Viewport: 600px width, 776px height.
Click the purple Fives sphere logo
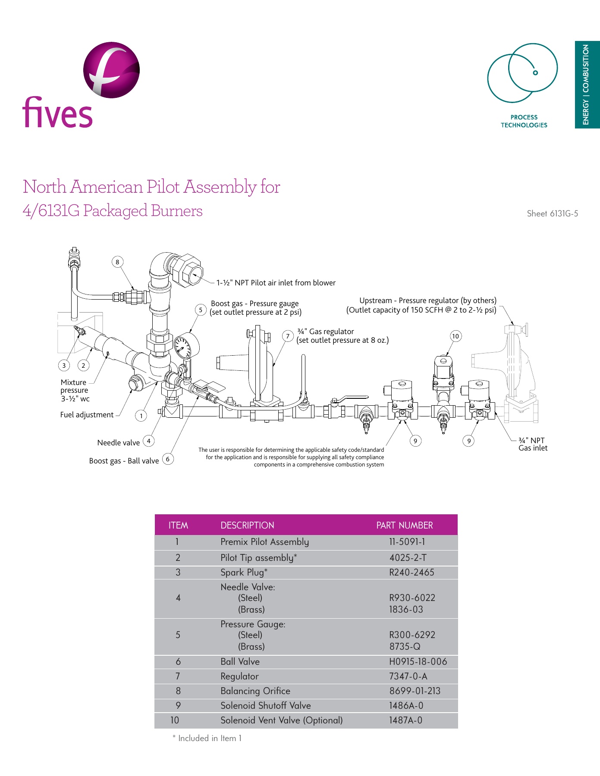(111, 70)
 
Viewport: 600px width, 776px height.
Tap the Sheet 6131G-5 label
(552, 213)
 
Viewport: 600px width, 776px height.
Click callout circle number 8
(117, 262)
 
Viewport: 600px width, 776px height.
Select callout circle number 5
(201, 310)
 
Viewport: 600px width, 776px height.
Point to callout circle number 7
(288, 336)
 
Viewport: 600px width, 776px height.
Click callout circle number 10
(455, 336)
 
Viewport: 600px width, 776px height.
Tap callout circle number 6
(168, 459)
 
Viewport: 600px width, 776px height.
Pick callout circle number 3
(64, 366)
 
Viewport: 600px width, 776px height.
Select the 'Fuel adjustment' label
(87, 415)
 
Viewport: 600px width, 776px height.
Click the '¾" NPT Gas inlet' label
(533, 444)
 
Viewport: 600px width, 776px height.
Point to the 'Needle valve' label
(118, 443)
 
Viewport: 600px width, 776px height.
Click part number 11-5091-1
(407, 542)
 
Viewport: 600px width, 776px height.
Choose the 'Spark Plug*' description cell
(244, 573)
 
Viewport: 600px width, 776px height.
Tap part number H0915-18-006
(418, 662)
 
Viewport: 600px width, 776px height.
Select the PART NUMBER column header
(404, 525)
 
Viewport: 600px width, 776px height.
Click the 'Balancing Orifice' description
(255, 691)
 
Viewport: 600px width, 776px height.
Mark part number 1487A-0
(405, 720)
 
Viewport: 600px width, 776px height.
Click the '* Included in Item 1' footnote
(207, 738)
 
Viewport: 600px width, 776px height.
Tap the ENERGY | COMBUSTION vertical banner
(587, 84)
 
